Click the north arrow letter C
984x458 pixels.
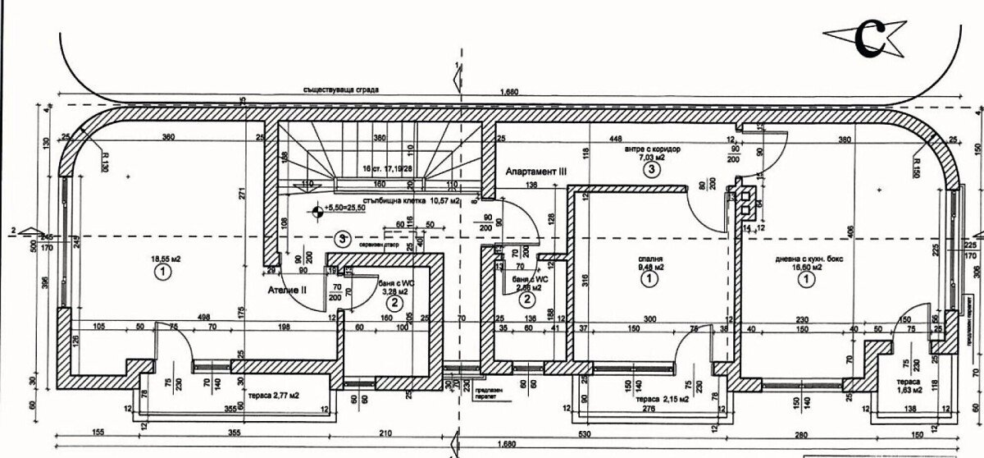[867, 37]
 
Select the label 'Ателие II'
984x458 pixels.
[287, 290]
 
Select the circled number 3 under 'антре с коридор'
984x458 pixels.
[650, 170]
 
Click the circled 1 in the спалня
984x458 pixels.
[649, 280]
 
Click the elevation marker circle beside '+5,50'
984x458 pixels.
[317, 211]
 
